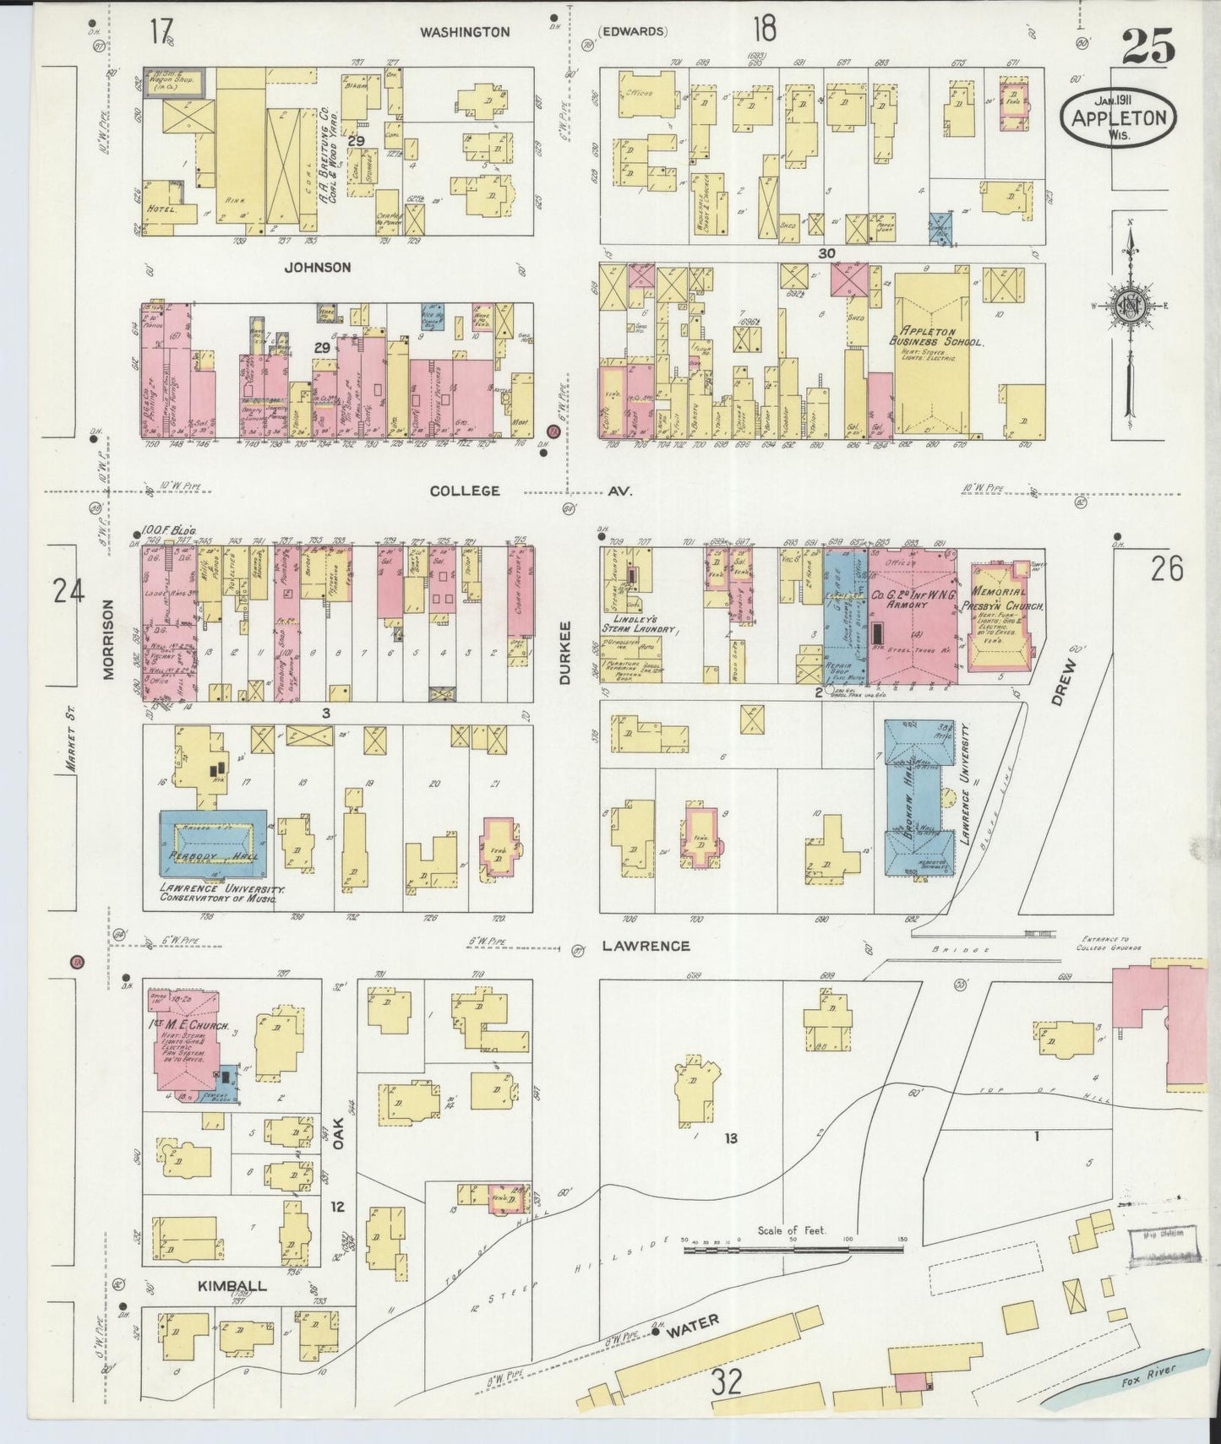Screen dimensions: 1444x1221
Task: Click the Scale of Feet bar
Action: tap(794, 1246)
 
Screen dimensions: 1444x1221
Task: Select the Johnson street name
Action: tap(317, 267)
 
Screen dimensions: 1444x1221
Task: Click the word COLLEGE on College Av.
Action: tap(465, 491)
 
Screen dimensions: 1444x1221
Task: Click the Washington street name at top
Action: tap(465, 31)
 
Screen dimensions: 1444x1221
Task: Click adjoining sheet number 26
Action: tap(1165, 570)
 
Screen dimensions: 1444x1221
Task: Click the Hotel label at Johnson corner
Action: tap(161, 209)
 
